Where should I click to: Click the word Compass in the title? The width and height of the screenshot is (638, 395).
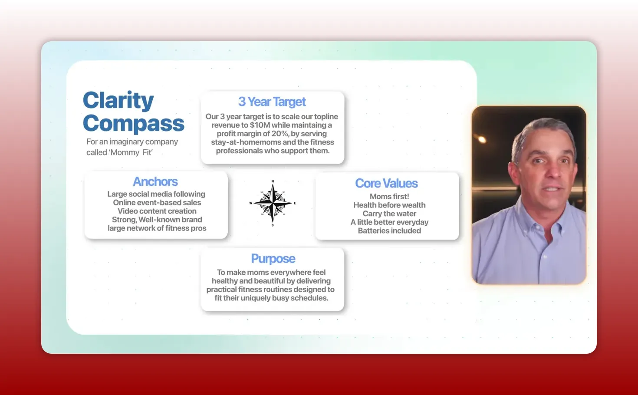pos(133,124)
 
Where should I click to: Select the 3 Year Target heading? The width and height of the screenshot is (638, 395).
pos(272,102)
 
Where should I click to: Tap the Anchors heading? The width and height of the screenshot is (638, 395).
pos(155,181)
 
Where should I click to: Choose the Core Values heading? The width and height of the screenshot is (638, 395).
pos(386,183)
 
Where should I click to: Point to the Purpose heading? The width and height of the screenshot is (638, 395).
pos(273,259)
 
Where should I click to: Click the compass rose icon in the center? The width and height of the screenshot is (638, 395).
pos(273,203)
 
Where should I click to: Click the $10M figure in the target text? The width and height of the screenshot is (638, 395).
pos(260,125)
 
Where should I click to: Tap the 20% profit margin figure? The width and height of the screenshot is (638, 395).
pos(280,134)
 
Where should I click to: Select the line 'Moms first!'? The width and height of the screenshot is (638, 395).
pos(389,197)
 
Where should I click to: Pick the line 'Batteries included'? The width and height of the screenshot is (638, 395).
pos(389,231)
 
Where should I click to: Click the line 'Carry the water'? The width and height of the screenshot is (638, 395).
pos(389,214)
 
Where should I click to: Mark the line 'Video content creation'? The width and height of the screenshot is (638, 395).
pos(157,211)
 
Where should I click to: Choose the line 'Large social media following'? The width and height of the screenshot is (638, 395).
pos(156,194)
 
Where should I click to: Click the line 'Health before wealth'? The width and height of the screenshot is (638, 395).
pos(389,205)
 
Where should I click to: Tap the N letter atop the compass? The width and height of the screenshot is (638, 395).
pos(273,181)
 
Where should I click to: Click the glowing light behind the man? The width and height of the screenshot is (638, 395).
pos(482,139)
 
